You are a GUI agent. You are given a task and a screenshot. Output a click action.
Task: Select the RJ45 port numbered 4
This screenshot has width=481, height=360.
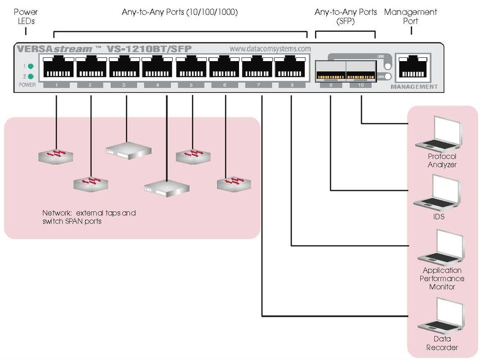pyautogui.click(x=158, y=67)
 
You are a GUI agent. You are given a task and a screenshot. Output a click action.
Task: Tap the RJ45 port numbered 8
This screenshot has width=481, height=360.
pyautogui.click(x=291, y=67)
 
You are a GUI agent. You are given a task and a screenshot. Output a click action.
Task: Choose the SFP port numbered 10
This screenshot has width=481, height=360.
pyautogui.click(x=361, y=70)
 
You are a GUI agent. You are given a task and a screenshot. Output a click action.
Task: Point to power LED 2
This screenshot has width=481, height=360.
pyautogui.click(x=31, y=76)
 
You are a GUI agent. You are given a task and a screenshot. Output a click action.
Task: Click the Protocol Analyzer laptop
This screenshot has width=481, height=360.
pyautogui.click(x=437, y=134)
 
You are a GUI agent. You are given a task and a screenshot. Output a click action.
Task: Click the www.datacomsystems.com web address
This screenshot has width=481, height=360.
pyautogui.click(x=270, y=49)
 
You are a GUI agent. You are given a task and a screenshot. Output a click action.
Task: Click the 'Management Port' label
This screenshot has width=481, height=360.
pyautogui.click(x=411, y=16)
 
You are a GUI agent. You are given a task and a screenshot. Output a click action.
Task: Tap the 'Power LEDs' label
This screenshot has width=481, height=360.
pyautogui.click(x=25, y=16)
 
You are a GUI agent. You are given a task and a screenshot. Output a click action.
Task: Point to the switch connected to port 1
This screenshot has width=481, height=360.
pyautogui.click(x=56, y=155)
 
